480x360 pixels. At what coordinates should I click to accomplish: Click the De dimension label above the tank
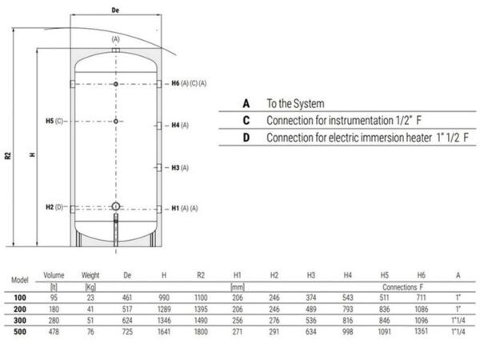point(115,10)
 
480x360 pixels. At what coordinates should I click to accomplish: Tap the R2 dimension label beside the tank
point(8,155)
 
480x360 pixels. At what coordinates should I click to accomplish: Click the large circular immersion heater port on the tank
point(116,206)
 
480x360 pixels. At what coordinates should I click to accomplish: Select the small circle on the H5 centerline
point(116,122)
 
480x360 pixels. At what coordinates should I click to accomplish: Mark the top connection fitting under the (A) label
point(116,50)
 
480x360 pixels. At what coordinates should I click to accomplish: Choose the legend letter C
point(246,120)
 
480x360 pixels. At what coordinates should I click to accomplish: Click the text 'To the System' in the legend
point(295,103)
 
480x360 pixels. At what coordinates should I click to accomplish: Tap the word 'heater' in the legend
point(418,138)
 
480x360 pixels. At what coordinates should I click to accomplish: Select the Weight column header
point(90,275)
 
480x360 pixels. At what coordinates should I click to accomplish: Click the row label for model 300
point(20,321)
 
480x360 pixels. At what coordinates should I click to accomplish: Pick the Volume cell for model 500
point(54,331)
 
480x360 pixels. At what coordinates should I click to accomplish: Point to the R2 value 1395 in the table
point(201,309)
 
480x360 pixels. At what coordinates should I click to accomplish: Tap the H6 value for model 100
point(422,298)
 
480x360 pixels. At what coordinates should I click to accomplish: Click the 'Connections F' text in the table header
point(402,287)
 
